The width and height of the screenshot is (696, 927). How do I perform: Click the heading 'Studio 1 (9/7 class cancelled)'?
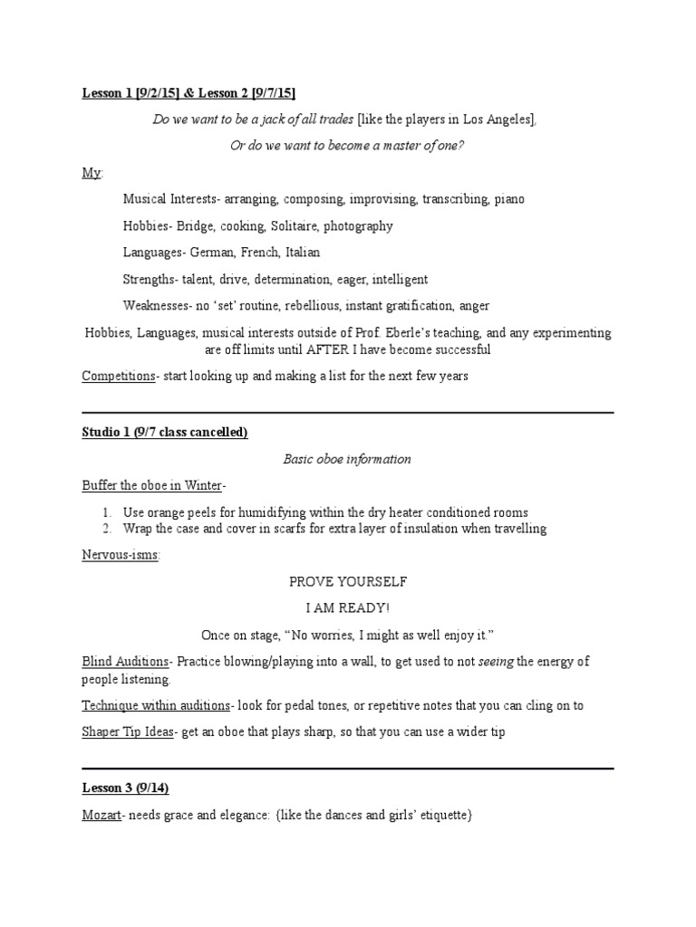tap(165, 434)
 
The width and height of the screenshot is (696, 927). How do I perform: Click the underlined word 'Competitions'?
tap(118, 376)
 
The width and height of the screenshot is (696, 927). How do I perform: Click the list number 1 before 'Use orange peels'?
tap(106, 512)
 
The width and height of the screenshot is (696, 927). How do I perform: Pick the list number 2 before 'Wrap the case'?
tap(106, 529)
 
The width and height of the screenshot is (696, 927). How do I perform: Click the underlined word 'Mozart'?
tap(101, 816)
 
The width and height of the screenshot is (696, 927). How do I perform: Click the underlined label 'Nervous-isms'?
tap(120, 555)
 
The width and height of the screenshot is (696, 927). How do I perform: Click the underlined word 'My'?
tap(91, 173)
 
